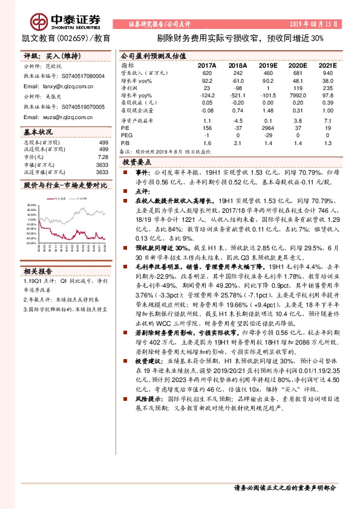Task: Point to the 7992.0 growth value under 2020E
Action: point(296,96)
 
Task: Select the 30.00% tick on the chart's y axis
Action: point(31,206)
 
